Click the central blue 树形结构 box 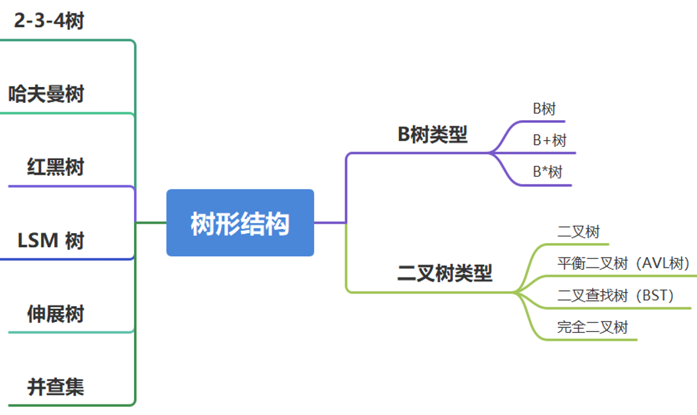(x=240, y=223)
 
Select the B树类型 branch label (x=432, y=135)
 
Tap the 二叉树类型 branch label (x=444, y=273)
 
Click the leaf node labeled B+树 (x=550, y=140)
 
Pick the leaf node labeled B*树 (x=547, y=172)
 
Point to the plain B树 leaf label (x=544, y=109)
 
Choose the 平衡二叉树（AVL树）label (x=623, y=264)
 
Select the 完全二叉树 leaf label (x=592, y=327)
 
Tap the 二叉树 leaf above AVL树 (x=578, y=232)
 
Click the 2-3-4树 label (x=49, y=21)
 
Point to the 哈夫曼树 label (x=46, y=94)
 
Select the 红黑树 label (x=56, y=167)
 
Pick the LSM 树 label (x=51, y=240)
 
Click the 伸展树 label (x=56, y=313)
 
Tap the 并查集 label (x=56, y=386)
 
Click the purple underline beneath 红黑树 (x=66, y=187)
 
